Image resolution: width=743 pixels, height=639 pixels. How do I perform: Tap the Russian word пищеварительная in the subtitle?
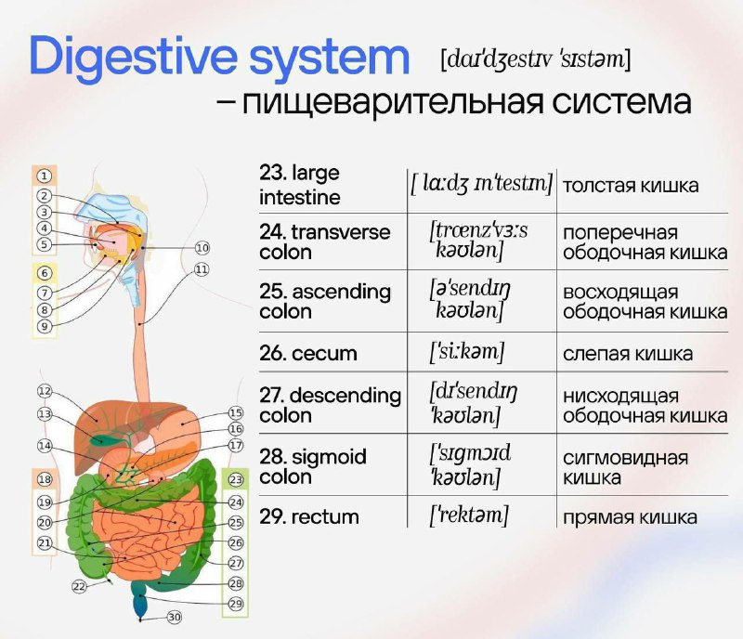(x=392, y=102)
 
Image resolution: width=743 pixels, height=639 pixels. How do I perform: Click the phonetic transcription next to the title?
(x=536, y=60)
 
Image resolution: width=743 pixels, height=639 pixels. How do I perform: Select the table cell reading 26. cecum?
(x=308, y=354)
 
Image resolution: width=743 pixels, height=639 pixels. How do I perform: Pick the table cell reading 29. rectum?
(x=309, y=516)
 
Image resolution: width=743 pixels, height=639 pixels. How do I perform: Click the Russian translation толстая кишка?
(x=631, y=186)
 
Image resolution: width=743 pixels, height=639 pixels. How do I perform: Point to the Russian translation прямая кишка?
(x=630, y=517)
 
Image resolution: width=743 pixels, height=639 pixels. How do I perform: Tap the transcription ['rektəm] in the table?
(x=469, y=515)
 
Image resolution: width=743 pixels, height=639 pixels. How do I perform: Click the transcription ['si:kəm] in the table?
(x=467, y=352)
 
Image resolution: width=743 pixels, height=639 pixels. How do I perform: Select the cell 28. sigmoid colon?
(x=313, y=466)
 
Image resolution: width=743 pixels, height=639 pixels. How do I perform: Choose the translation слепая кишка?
(x=628, y=354)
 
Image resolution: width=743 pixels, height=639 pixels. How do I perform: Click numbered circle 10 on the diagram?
(x=202, y=248)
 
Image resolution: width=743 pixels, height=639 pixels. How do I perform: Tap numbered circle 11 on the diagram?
(x=202, y=269)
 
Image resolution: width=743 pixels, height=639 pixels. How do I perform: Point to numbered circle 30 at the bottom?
(x=175, y=617)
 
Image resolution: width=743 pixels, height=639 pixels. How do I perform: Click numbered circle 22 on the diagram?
(x=79, y=586)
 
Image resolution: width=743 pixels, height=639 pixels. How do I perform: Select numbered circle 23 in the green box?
(x=236, y=480)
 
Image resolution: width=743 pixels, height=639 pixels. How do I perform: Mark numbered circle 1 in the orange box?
(x=44, y=176)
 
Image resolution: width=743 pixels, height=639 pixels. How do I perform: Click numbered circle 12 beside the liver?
(x=45, y=391)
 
